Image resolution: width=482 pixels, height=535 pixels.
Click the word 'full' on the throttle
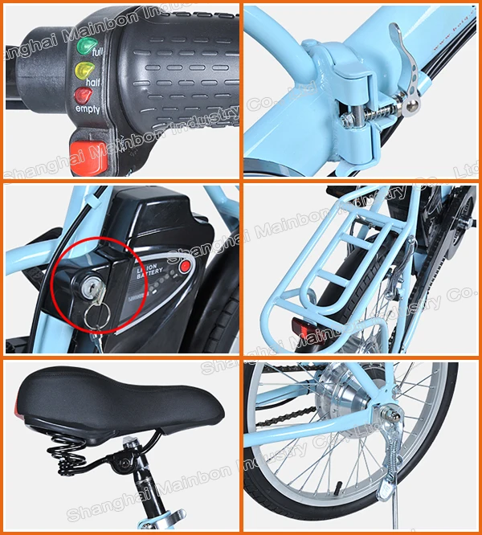98,52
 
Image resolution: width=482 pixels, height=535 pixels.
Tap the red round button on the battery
186,266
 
